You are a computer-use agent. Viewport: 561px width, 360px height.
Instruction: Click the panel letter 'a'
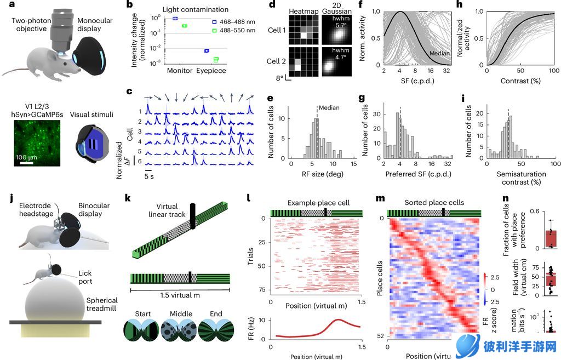coord(4,5)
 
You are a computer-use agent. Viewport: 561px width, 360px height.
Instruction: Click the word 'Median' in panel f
coord(439,53)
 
